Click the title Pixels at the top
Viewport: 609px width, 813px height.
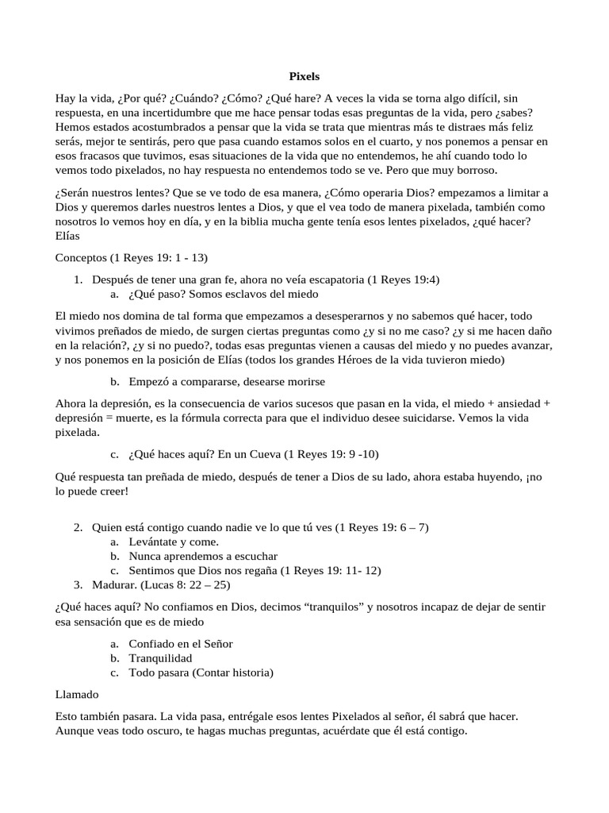tap(304, 77)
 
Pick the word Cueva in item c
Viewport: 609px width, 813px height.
tap(260, 454)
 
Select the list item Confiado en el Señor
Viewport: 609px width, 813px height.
tap(181, 643)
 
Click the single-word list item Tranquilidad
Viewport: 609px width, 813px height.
tap(161, 657)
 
